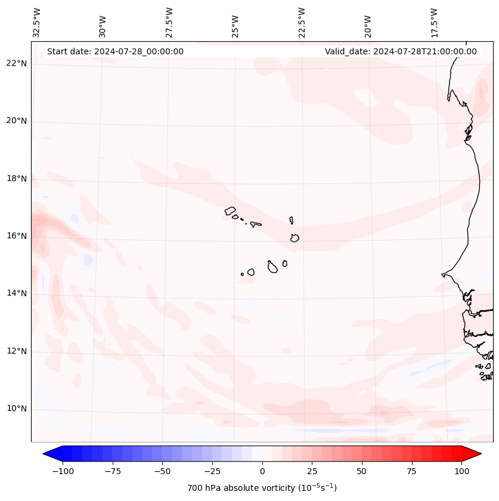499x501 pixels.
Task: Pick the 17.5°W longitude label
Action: [434, 21]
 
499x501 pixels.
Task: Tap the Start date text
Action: [115, 51]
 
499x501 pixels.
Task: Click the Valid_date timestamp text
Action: [401, 51]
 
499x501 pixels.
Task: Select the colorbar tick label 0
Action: [262, 471]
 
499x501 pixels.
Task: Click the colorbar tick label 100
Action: [462, 471]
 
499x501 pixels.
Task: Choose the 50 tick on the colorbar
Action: [362, 471]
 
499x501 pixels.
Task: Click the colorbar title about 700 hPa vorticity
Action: [262, 488]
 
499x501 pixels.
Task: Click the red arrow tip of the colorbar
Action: [476, 454]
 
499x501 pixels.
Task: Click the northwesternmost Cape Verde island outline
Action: [230, 211]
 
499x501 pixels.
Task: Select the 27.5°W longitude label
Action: [169, 21]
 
